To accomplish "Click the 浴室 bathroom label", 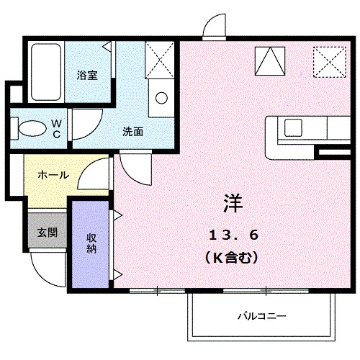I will tap(87, 74).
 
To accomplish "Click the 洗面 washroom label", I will tap(132, 132).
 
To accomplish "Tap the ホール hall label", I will tap(53, 175).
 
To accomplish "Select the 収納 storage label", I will tap(92, 245).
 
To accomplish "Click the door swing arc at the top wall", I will tap(215, 27).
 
